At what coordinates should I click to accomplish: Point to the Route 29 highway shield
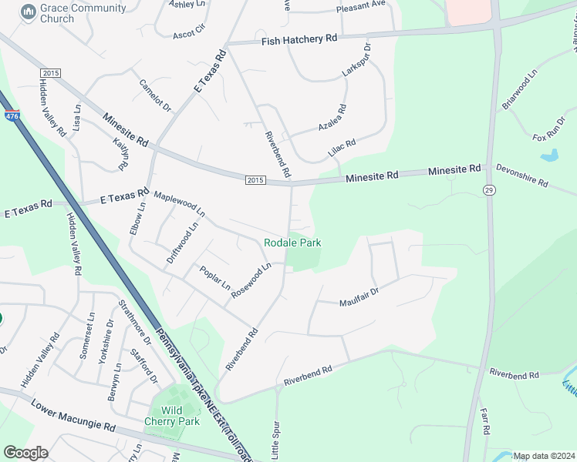pyautogui.click(x=489, y=189)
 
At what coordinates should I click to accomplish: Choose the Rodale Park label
pyautogui.click(x=292, y=243)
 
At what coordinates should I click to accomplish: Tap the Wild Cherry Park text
pyautogui.click(x=172, y=415)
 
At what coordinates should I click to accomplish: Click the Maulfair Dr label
pyautogui.click(x=359, y=297)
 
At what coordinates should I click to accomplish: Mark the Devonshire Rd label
pyautogui.click(x=521, y=176)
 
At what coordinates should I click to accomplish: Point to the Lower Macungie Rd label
pyautogui.click(x=73, y=416)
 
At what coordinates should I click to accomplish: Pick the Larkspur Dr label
pyautogui.click(x=356, y=60)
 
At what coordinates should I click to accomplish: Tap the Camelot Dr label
pyautogui.click(x=155, y=95)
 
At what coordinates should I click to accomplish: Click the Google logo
pyautogui.click(x=25, y=453)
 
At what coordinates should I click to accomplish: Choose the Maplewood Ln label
pyautogui.click(x=179, y=203)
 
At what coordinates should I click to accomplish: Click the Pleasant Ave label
pyautogui.click(x=360, y=5)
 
